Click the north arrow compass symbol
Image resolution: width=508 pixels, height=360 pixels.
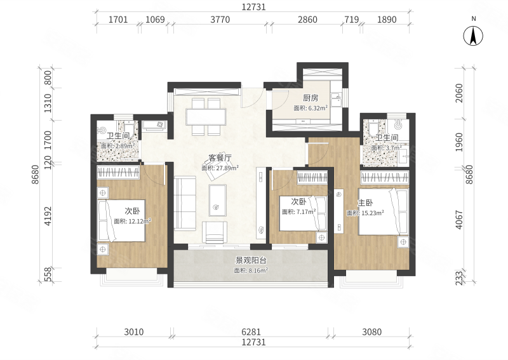[473, 36]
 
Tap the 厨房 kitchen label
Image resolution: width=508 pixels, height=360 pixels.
[311, 98]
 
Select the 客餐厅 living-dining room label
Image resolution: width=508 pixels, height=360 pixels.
[220, 158]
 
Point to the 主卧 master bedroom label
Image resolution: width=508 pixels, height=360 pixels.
[365, 203]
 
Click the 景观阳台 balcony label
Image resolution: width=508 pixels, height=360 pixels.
[251, 260]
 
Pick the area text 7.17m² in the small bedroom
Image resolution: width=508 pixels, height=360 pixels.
[306, 212]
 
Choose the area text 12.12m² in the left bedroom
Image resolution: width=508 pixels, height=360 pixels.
[140, 222]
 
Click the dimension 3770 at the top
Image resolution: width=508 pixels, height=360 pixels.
[220, 20]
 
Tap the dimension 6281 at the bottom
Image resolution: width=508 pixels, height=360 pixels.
[251, 332]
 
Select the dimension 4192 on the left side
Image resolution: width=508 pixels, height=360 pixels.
[48, 216]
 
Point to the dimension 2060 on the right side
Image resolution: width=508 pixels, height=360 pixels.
[459, 93]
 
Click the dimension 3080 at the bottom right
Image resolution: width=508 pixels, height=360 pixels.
[371, 332]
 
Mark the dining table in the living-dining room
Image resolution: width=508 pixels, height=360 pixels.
[206, 117]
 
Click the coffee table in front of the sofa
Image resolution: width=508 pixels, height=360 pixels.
[217, 200]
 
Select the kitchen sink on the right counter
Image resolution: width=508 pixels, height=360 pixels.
[336, 100]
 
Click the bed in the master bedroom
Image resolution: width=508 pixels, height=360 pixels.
[384, 211]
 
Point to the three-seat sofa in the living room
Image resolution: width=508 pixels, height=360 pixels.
[185, 203]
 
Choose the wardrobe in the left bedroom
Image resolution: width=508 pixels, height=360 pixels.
[118, 172]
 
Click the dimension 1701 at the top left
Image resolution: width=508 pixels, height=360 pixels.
[118, 20]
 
